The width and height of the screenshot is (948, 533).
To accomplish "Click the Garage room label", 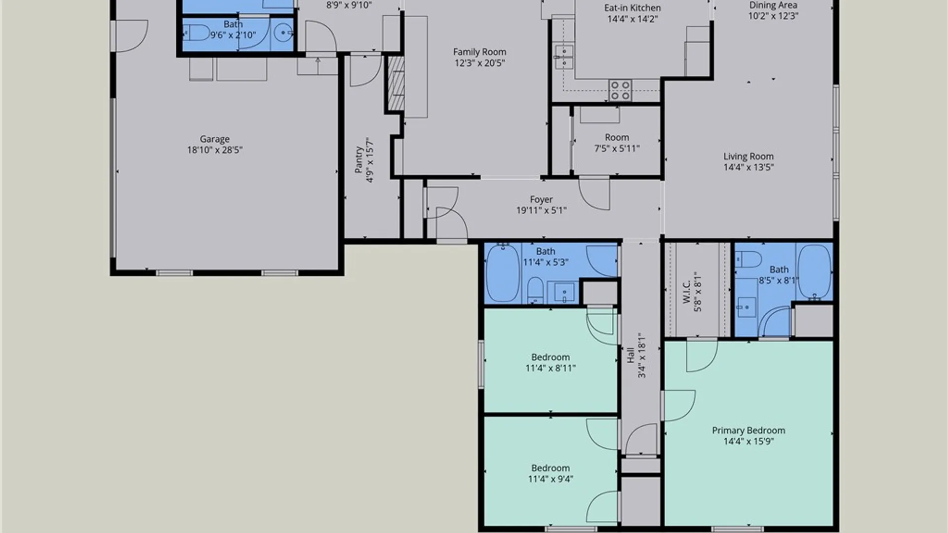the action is [214, 139].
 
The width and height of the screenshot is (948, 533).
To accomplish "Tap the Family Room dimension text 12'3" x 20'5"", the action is [479, 63].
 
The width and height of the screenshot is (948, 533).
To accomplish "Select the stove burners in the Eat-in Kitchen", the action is [620, 91].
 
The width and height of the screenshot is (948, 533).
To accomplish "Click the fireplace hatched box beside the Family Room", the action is [395, 83].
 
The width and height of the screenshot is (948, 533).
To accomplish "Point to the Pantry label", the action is [359, 160].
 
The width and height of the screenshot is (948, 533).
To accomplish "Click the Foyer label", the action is [541, 199].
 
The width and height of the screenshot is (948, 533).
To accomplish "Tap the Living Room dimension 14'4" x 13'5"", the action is [749, 167].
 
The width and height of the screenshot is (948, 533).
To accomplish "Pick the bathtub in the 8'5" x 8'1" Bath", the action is [815, 272].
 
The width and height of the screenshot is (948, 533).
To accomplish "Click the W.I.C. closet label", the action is [686, 292].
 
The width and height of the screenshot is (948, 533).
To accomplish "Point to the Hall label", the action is [631, 355].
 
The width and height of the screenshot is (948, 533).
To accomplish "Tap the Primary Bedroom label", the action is [749, 430].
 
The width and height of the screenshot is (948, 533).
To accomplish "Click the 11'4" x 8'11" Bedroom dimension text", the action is [551, 368].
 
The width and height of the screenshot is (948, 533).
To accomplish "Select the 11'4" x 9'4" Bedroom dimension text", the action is [551, 479].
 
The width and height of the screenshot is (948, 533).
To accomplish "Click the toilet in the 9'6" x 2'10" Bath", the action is [197, 33].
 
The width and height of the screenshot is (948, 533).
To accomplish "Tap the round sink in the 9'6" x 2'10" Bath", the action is [283, 34].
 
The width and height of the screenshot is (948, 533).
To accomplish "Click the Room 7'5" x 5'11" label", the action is [617, 137].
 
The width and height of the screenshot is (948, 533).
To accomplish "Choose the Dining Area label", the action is [773, 5].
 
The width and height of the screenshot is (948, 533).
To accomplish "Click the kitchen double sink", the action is [563, 57].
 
